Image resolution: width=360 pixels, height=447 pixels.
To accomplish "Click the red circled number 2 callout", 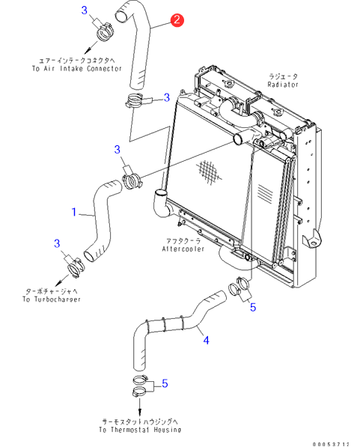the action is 177,19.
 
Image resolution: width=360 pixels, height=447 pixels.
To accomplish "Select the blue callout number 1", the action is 74,212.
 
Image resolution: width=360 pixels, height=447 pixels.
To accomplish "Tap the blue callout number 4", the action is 206,340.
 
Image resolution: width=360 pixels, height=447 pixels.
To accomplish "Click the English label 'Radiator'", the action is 283,85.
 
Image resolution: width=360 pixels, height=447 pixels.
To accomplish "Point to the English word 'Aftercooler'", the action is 183,249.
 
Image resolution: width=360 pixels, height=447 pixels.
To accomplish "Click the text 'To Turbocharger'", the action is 52,299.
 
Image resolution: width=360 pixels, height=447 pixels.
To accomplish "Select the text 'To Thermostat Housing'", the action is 140,430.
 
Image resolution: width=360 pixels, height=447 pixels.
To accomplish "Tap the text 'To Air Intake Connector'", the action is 76,68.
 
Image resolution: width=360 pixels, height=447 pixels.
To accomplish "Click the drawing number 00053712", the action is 331,444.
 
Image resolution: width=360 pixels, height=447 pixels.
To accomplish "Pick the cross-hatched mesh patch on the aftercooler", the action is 210,172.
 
